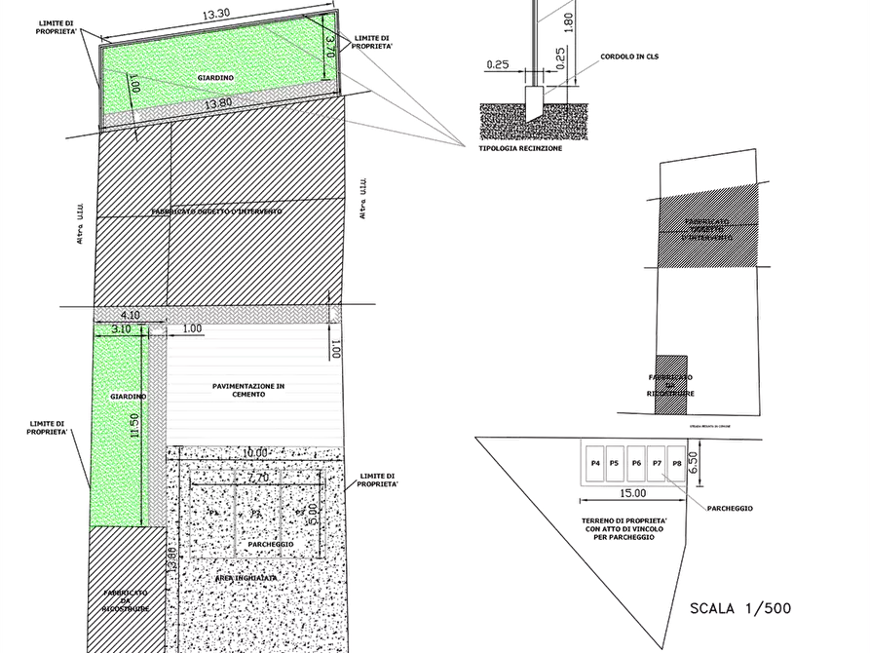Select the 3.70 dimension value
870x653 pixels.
(x=329, y=44)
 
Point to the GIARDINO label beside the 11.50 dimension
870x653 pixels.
(x=128, y=397)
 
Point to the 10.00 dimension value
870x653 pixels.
(x=256, y=453)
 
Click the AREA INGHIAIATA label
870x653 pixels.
(x=246, y=578)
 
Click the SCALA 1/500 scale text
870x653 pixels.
(x=740, y=609)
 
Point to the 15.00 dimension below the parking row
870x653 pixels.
(x=631, y=494)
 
